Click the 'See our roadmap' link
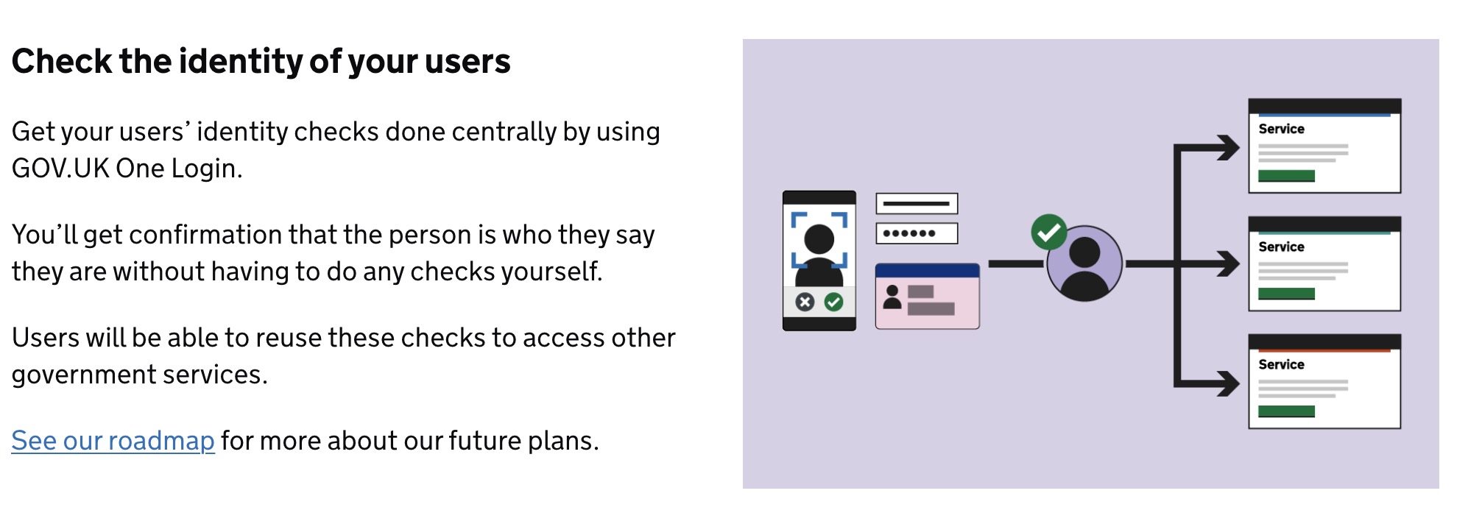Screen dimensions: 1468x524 [x=113, y=440]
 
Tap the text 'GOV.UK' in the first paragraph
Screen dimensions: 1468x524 [x=60, y=169]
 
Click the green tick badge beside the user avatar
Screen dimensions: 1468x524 [x=1049, y=233]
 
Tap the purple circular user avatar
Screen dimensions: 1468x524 [x=1084, y=263]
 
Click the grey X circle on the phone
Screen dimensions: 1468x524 [x=805, y=302]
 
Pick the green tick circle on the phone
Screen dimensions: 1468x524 [x=833, y=302]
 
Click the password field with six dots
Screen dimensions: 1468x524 [x=917, y=233]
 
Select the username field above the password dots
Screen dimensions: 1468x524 [x=917, y=203]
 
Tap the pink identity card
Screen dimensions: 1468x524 [x=928, y=296]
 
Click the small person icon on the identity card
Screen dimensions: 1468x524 [x=892, y=297]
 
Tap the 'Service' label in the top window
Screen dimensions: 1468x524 [x=1281, y=129]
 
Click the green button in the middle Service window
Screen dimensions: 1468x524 [x=1286, y=294]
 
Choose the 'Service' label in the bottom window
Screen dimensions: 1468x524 [x=1281, y=364]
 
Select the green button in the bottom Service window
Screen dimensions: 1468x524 [x=1286, y=411]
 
